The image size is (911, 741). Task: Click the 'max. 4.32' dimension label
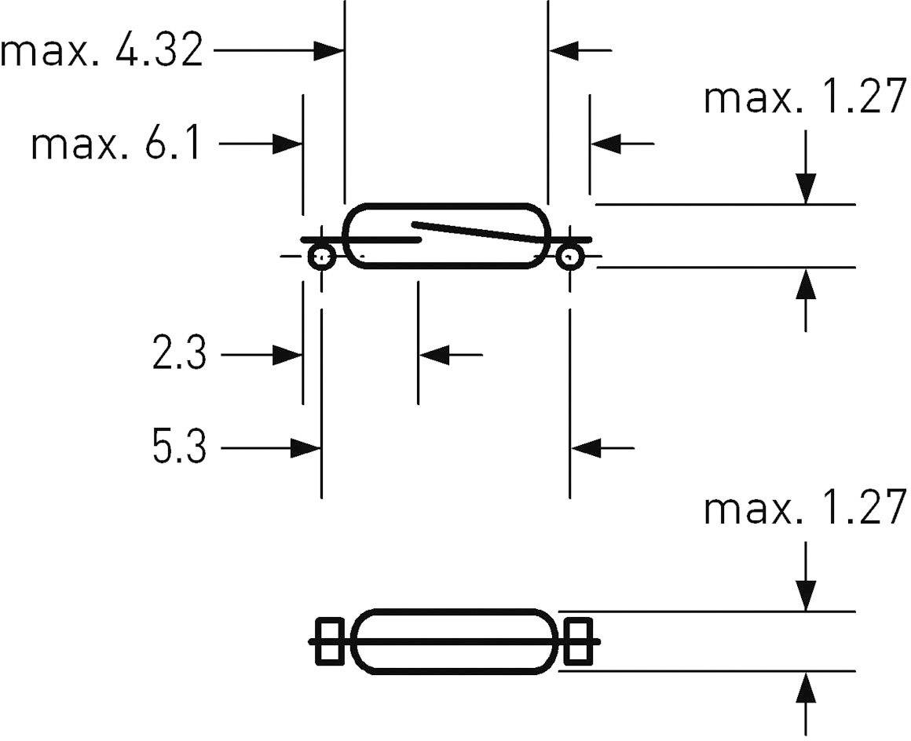pos(102,52)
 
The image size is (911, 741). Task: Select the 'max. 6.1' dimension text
pos(116,145)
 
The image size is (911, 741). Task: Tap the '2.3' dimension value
pos(179,355)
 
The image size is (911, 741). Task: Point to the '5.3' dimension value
pos(179,449)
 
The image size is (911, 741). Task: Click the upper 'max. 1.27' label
pos(805,100)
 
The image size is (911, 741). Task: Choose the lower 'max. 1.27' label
pos(805,508)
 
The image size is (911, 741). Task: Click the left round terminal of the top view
pos(321,257)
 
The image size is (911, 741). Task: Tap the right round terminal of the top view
pos(569,257)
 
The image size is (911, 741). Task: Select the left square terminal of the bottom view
pos(330,642)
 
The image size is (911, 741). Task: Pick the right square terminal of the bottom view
pos(578,642)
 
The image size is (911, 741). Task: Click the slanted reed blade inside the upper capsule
pos(479,233)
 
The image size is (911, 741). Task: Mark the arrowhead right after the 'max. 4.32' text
pos(330,52)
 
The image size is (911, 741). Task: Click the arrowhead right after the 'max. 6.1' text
pos(288,144)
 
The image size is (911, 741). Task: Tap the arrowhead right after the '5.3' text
pos(306,449)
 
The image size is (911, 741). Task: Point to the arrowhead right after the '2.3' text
pos(288,355)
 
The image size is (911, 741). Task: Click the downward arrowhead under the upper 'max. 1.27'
pos(805,190)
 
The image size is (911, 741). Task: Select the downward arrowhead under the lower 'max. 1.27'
pos(805,597)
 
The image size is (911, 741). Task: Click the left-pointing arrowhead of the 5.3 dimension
pos(585,449)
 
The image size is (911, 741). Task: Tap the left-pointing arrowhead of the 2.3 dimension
pos(434,355)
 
